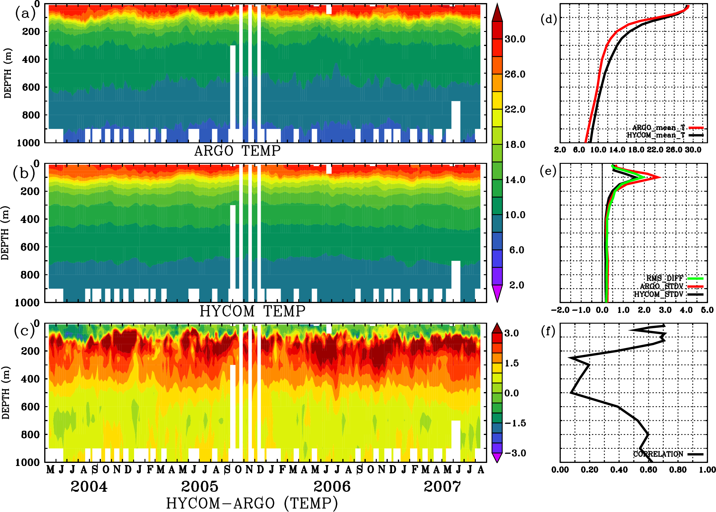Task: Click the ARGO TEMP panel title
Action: click(x=237, y=151)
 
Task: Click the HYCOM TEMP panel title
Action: click(x=252, y=311)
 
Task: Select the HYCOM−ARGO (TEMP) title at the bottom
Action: click(x=252, y=503)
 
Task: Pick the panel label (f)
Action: click(x=548, y=331)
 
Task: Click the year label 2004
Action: click(x=89, y=487)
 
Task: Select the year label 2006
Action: click(x=332, y=487)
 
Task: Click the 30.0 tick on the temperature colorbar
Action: click(x=515, y=39)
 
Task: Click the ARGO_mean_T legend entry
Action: click(x=659, y=128)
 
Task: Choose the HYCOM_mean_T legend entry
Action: click(x=656, y=135)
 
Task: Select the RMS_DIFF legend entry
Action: click(x=664, y=278)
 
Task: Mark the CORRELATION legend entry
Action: click(x=658, y=454)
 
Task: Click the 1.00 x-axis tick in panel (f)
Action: click(x=707, y=470)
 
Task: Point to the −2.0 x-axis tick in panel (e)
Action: click(x=560, y=310)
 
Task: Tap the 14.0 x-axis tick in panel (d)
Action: click(x=617, y=150)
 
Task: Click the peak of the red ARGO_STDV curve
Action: click(x=660, y=177)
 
